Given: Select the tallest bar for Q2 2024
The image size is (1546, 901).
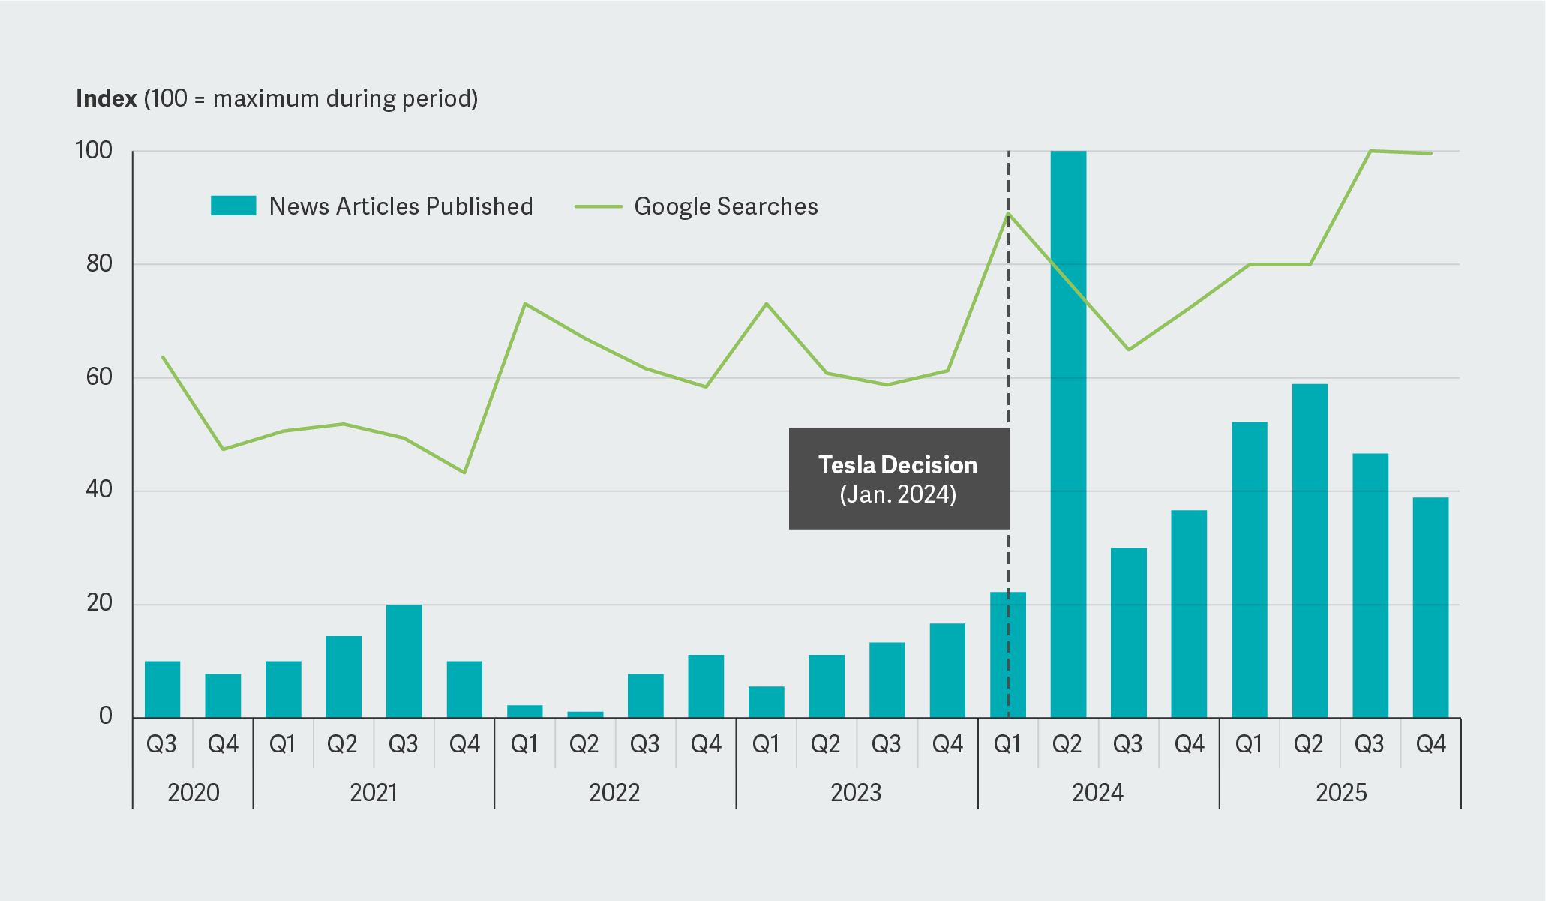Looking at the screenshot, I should (x=1068, y=435).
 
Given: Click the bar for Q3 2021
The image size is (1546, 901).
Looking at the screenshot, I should (x=404, y=662).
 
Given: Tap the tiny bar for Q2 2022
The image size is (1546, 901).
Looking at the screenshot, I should (x=585, y=714).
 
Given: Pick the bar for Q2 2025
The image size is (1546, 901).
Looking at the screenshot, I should (x=1310, y=551).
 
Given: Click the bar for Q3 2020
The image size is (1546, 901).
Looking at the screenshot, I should (x=162, y=689).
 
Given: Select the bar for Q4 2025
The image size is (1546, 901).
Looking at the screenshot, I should (x=1430, y=608).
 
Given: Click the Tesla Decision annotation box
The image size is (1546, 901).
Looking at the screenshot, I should (x=899, y=479).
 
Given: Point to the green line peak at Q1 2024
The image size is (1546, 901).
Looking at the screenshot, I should (x=1008, y=214).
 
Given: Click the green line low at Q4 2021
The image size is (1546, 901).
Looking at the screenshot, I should (x=464, y=472).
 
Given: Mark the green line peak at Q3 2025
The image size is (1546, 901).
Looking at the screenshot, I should (x=1370, y=151).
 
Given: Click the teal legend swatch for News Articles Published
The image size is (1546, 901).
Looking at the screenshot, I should (x=233, y=206).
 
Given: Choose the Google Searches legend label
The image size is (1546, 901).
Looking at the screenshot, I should (x=725, y=206).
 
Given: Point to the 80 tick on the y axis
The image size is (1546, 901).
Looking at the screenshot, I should (x=99, y=263).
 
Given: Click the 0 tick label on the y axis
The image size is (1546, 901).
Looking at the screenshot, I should (x=105, y=716).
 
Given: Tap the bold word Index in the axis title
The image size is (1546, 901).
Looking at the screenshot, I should (x=107, y=98).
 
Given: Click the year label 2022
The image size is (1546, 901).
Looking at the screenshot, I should (x=614, y=792).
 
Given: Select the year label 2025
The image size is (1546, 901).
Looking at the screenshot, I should (x=1340, y=792).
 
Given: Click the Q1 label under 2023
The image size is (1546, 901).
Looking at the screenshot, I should (x=766, y=744).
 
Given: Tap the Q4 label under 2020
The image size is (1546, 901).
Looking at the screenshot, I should (x=223, y=744).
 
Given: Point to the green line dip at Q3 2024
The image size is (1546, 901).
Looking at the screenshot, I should (x=1128, y=350).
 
